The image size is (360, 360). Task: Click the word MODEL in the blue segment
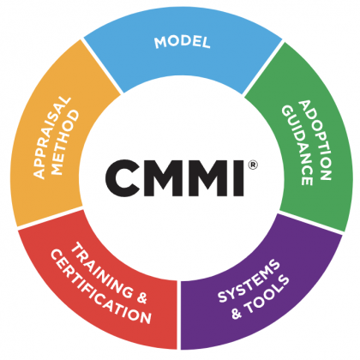[183, 42]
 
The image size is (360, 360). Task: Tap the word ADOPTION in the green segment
[315, 140]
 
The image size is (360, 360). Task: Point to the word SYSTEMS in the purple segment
[249, 280]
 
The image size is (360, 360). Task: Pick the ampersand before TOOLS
[237, 314]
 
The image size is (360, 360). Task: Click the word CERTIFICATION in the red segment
[100, 287]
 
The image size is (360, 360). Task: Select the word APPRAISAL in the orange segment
[52, 138]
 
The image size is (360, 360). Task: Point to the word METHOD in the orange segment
[66, 142]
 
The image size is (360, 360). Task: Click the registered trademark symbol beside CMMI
[253, 165]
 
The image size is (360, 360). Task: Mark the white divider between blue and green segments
[263, 68]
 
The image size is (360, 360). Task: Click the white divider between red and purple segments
[179, 315]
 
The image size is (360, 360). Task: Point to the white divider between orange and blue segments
[102, 66]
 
